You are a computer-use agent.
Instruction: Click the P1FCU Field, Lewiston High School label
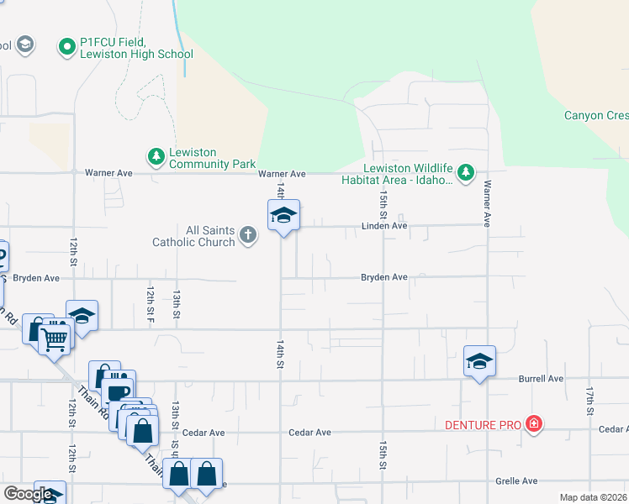(137, 48)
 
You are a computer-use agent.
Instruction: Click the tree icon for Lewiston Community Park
(156, 156)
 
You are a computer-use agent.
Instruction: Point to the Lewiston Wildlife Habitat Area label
(397, 173)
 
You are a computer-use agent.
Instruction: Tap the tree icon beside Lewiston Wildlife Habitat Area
(465, 174)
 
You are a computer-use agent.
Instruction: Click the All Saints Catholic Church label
(193, 236)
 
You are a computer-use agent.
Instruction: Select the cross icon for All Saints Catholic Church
(247, 234)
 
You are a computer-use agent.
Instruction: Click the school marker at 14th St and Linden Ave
(284, 217)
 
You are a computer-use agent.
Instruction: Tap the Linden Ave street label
(384, 226)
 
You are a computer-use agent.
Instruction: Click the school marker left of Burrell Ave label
(479, 362)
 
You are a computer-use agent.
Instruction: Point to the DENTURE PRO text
(483, 425)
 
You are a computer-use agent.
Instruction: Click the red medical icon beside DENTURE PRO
(533, 423)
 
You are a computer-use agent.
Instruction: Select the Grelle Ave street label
(516, 481)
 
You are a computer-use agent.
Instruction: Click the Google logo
(29, 494)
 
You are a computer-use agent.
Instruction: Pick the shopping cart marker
(55, 340)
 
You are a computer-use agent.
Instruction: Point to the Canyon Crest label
(595, 116)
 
